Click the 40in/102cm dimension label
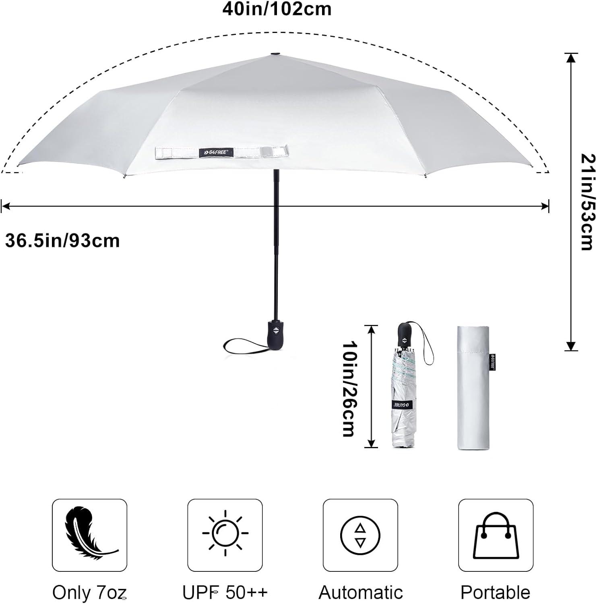click(x=277, y=9)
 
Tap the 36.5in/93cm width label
click(x=62, y=241)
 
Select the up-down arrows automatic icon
click(x=360, y=535)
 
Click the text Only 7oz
click(x=90, y=593)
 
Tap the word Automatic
click(x=361, y=593)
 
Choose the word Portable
click(x=496, y=593)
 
